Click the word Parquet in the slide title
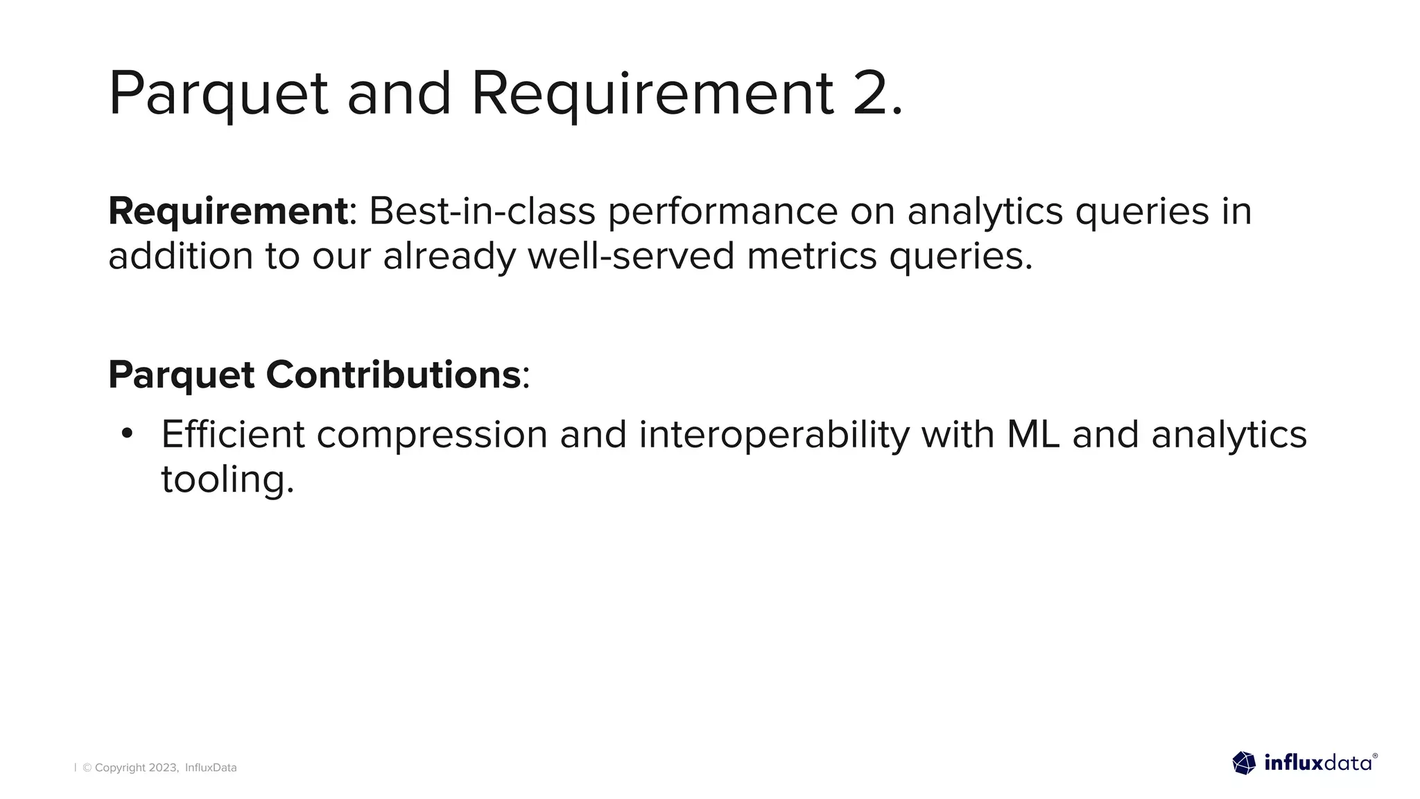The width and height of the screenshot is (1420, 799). click(218, 94)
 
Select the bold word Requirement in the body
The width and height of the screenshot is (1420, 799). click(227, 211)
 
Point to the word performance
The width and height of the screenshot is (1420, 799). click(722, 212)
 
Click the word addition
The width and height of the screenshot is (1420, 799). click(181, 256)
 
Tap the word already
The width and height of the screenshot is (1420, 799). click(449, 257)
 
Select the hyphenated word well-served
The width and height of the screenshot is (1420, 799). click(630, 256)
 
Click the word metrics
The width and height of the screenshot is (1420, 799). click(811, 256)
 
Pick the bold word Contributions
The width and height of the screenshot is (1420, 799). click(392, 375)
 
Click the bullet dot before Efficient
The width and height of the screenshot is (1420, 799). click(126, 434)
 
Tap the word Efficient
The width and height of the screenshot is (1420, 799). click(232, 435)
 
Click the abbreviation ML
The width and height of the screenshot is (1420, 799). click(1032, 435)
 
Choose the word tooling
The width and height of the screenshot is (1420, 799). click(227, 480)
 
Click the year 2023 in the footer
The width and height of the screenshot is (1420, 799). click(164, 768)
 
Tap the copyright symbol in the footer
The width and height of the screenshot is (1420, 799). click(87, 768)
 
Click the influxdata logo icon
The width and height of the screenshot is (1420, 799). click(1244, 763)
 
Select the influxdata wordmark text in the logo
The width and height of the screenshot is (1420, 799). click(1317, 764)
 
